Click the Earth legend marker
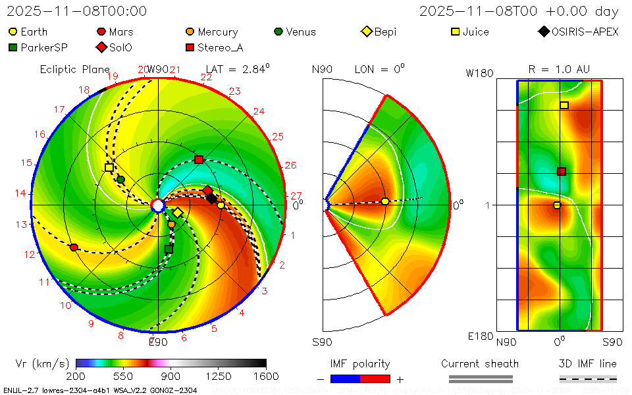[13, 32]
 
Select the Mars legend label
[121, 32]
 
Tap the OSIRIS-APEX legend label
[585, 32]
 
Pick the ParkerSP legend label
[44, 47]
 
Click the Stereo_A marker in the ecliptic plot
[199, 159]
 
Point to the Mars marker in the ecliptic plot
[74, 248]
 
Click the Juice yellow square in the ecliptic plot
[109, 168]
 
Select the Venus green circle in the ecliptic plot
[120, 179]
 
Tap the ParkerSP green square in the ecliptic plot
[169, 249]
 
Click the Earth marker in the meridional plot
[385, 201]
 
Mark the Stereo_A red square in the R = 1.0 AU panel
[562, 171]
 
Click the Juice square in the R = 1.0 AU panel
[564, 105]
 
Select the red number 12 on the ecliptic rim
[30, 254]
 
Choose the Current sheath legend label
[480, 363]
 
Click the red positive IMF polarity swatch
[375, 379]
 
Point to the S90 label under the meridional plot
[322, 342]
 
